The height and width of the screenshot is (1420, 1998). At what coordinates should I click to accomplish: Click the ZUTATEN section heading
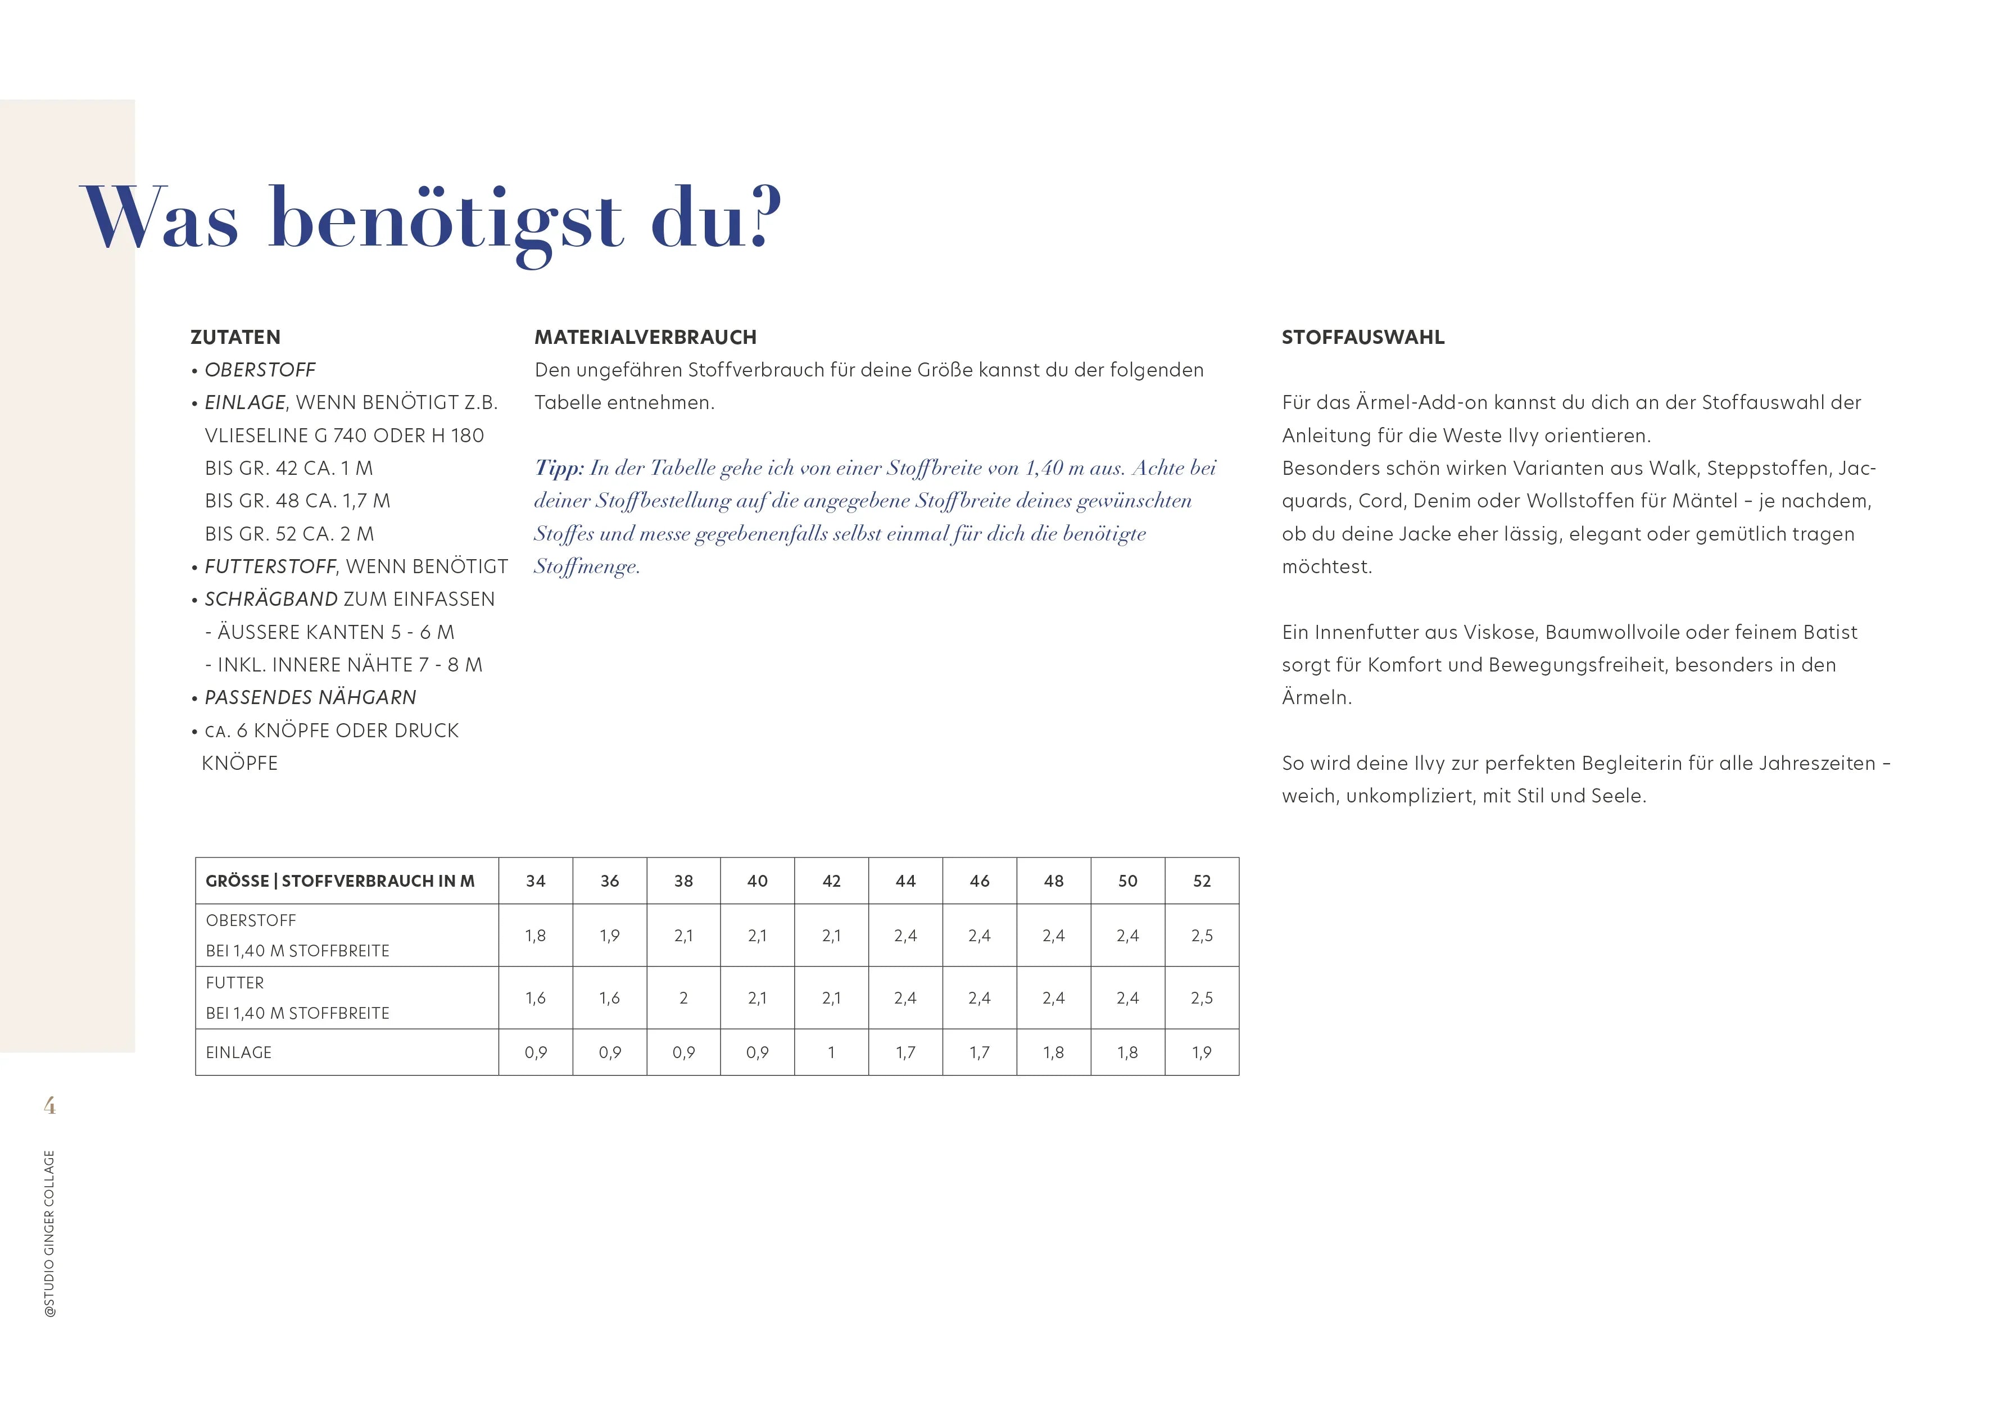tap(235, 338)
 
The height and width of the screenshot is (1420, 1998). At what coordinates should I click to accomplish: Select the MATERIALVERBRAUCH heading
tap(645, 338)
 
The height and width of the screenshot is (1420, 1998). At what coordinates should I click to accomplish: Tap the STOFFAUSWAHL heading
tap(1362, 338)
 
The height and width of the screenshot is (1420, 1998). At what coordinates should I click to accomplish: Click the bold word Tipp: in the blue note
tap(559, 469)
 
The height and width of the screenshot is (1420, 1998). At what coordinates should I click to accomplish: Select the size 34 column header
tap(535, 881)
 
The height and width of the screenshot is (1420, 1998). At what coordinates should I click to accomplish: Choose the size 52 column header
tap(1202, 881)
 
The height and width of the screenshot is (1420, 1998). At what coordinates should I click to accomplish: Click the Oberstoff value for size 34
tap(535, 936)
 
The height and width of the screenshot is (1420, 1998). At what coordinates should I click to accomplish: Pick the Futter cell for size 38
tap(683, 997)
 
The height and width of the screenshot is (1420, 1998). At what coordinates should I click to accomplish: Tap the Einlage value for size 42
tap(831, 1052)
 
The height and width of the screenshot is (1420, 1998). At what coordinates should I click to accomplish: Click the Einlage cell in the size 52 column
tap(1202, 1052)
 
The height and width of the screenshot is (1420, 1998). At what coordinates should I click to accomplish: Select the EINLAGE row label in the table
tap(239, 1052)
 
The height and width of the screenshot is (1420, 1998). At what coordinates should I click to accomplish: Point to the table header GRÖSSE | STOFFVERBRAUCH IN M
tap(340, 881)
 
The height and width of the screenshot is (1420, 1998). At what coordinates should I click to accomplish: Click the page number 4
tap(50, 1106)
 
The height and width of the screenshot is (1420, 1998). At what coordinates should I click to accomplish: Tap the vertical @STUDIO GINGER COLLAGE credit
tap(50, 1233)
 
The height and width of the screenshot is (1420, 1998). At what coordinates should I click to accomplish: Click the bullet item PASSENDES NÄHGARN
tap(310, 698)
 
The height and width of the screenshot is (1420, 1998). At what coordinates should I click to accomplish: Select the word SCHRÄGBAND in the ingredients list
tap(271, 600)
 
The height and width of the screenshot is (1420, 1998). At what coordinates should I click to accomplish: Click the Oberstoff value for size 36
tap(609, 936)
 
